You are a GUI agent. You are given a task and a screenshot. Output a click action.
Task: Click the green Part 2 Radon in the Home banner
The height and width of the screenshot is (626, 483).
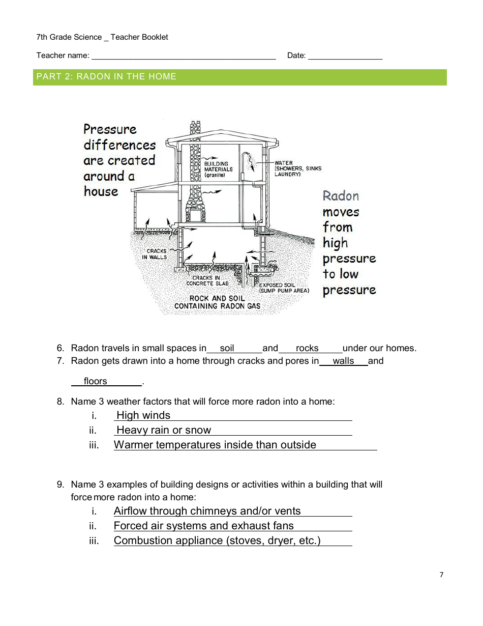(x=239, y=77)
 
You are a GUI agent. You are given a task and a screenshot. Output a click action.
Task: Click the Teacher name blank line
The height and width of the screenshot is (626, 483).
(x=183, y=55)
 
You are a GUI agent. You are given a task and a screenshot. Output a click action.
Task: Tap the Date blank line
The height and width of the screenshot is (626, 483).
(x=345, y=55)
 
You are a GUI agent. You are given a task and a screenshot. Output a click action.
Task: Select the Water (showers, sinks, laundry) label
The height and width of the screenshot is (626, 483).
(x=297, y=168)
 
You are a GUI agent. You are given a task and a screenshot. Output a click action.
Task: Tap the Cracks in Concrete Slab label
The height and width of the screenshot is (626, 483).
(x=207, y=280)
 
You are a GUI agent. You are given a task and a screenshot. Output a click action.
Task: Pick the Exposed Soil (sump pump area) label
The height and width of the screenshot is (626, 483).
(x=284, y=288)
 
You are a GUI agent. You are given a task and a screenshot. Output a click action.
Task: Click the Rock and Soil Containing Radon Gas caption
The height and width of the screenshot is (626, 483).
(x=217, y=302)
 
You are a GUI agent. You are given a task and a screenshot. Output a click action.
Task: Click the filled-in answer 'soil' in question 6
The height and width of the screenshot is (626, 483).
(x=227, y=349)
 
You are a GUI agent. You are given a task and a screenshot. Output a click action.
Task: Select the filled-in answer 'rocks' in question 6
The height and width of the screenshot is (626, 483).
(x=307, y=349)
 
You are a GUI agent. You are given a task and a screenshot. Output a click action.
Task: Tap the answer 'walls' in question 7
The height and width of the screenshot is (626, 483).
(x=343, y=361)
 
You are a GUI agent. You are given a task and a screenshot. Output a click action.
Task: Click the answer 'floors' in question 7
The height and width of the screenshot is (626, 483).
(x=96, y=381)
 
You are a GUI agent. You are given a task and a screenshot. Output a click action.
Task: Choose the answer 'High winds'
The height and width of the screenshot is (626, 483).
(x=143, y=415)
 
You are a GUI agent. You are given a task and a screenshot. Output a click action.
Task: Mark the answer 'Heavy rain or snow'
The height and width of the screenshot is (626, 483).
(x=164, y=430)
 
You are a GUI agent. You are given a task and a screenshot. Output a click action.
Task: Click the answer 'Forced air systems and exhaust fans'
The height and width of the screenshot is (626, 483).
(x=203, y=526)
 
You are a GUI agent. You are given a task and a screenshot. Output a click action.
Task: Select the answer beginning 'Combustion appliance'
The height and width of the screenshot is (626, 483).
(x=217, y=540)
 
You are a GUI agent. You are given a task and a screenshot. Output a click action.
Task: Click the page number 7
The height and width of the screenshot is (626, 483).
(x=441, y=575)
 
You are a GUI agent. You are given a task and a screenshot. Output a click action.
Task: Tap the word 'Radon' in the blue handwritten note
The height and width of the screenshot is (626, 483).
(x=341, y=196)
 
